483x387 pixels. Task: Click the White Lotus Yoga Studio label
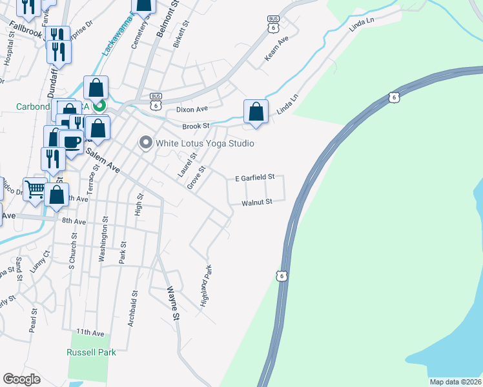(x=203, y=143)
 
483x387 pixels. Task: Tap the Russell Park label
(x=92, y=352)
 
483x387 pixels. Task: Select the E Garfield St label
(x=254, y=177)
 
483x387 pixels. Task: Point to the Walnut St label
(x=257, y=202)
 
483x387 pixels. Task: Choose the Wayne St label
(x=173, y=303)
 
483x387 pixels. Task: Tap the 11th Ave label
(x=90, y=332)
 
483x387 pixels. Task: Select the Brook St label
(x=196, y=126)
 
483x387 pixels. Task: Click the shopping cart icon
(x=35, y=188)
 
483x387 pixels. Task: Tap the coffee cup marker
(x=71, y=141)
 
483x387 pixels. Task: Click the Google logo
(x=22, y=379)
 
